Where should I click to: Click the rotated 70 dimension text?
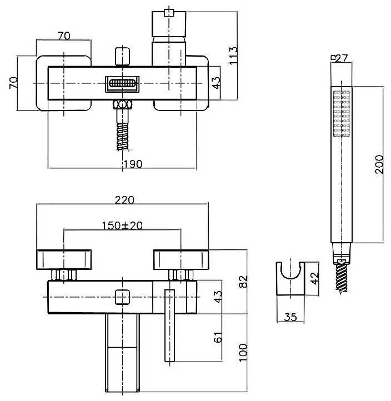click(15, 83)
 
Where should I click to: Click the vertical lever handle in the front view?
click(169, 325)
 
